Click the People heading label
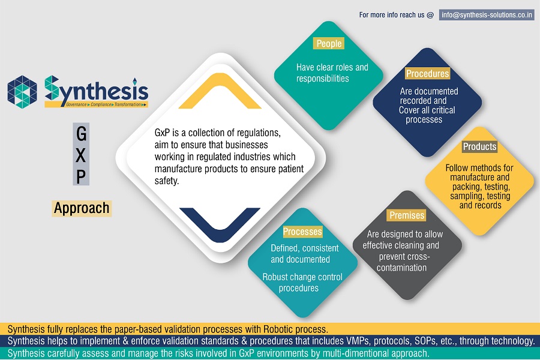[329, 43]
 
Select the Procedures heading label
[427, 73]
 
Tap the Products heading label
[479, 146]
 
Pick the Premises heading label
[407, 215]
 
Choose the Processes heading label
[302, 232]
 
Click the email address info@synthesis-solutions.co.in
[487, 15]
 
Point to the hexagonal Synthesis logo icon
[22, 92]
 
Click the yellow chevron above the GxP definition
[220, 91]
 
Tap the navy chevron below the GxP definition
[220, 225]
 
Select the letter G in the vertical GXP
[81, 134]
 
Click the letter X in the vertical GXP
[81, 155]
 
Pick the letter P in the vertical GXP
[81, 177]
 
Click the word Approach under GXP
[82, 208]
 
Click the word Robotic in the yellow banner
[279, 329]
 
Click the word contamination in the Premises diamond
[401, 268]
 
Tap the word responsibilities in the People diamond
[323, 79]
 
